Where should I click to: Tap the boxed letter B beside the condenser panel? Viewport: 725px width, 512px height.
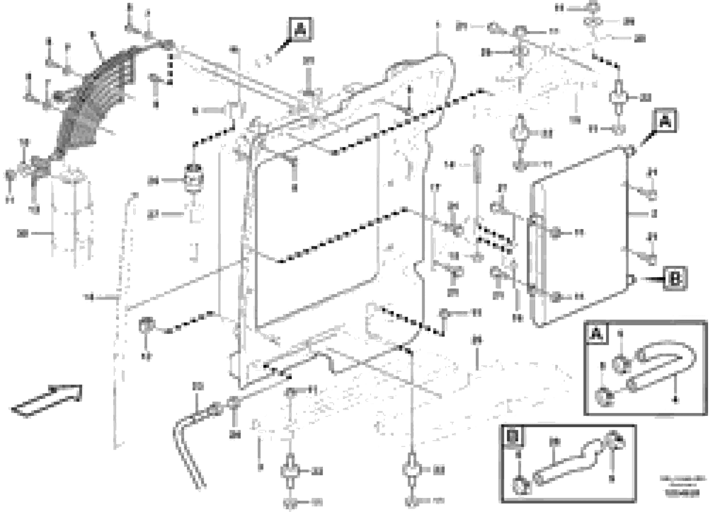(x=675, y=279)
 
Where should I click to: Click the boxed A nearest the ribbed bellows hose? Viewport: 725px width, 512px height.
(x=300, y=30)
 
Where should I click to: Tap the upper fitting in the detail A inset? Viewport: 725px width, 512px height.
(x=621, y=365)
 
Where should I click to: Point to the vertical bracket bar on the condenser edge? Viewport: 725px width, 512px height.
(x=533, y=252)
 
